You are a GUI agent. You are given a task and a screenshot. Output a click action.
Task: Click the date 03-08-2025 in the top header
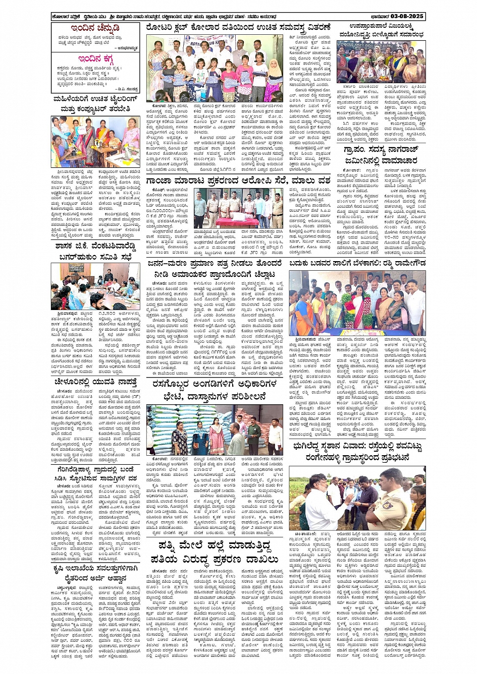pyautogui.click(x=407, y=17)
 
